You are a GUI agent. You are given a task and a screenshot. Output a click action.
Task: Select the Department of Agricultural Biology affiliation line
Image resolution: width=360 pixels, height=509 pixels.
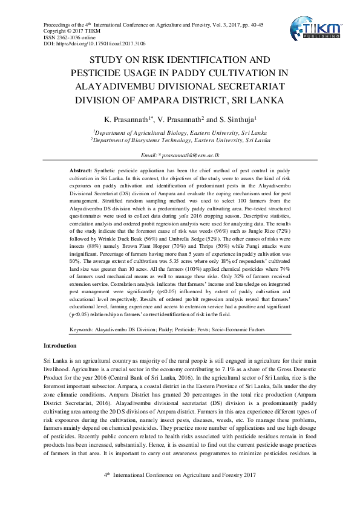pyautogui.click(x=180, y=131)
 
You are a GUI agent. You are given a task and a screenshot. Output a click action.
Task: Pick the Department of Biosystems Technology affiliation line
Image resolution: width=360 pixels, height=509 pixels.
pyautogui.click(x=180, y=139)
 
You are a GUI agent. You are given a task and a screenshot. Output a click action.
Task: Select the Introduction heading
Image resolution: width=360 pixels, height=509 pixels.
pyautogui.click(x=60, y=345)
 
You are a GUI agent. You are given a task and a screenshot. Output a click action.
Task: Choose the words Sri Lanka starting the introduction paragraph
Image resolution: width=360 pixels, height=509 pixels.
pyautogui.click(x=56, y=360)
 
